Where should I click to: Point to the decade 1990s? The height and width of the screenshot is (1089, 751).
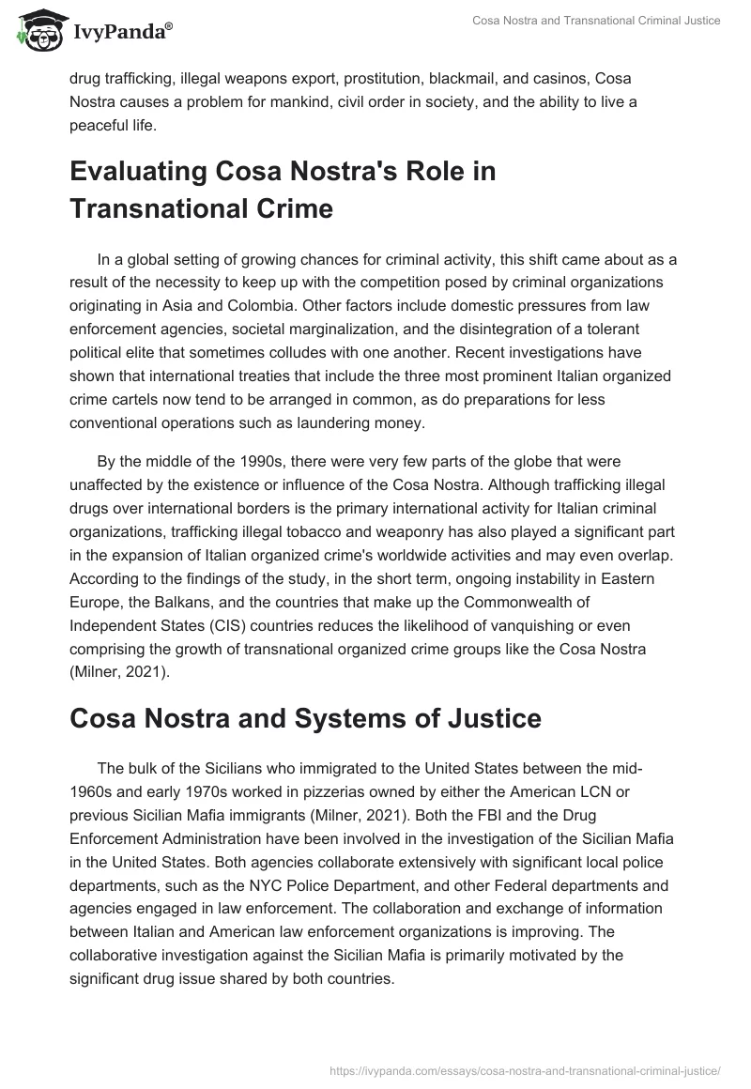[244, 463]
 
